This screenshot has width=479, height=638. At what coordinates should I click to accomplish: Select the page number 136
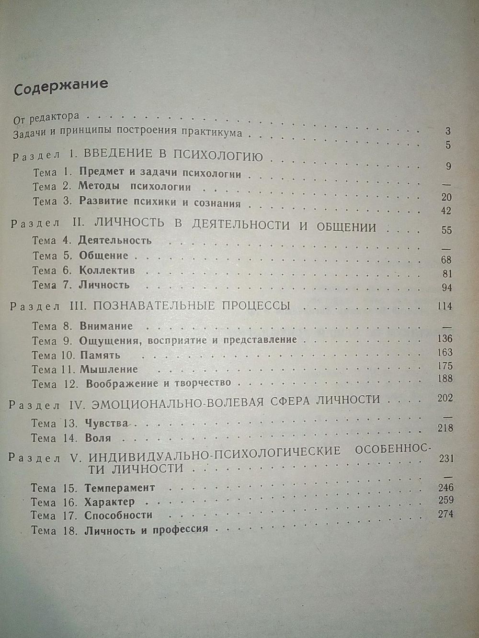click(445, 339)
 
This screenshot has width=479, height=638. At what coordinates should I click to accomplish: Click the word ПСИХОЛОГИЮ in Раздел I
click(219, 157)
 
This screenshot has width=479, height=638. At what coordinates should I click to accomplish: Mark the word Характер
click(109, 502)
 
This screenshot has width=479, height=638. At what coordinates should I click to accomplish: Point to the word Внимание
click(106, 326)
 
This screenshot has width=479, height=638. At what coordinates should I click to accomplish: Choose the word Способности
click(118, 515)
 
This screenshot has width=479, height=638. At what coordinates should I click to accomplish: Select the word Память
click(100, 355)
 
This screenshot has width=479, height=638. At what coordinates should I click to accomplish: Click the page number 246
click(445, 488)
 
